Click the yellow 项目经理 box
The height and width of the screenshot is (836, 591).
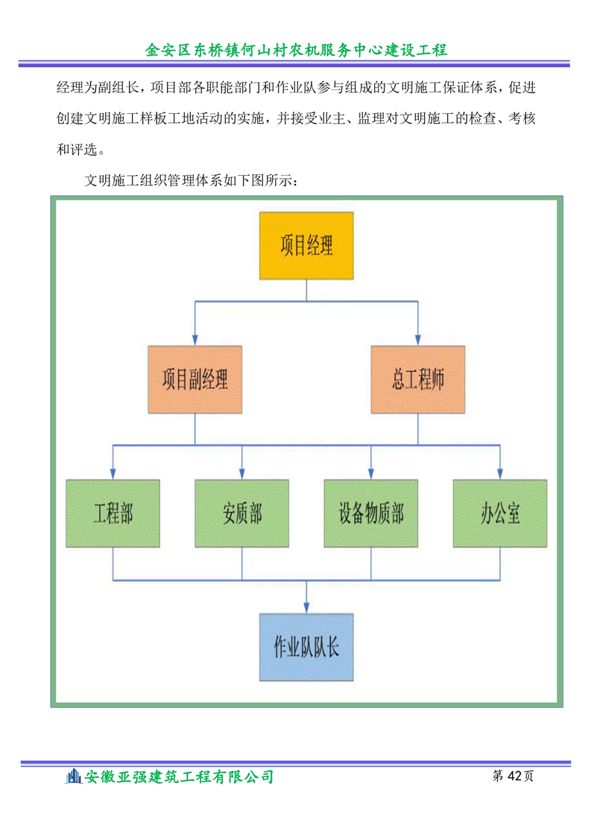click(306, 246)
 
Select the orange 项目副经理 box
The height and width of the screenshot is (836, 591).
click(195, 379)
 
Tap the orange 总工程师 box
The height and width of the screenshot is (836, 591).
click(417, 379)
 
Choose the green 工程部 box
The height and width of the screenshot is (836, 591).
click(113, 513)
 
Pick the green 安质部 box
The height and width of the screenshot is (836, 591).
click(242, 513)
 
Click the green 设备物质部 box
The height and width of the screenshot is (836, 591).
click(371, 513)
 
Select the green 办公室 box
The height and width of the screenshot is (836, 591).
click(500, 513)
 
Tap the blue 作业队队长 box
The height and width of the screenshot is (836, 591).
click(306, 647)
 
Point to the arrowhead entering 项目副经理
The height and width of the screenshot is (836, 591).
click(195, 341)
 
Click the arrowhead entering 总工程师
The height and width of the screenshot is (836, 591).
click(417, 341)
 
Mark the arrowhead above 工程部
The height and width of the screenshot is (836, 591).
click(113, 474)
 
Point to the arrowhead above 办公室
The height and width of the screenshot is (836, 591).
click(500, 474)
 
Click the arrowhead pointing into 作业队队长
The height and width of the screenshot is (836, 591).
click(306, 608)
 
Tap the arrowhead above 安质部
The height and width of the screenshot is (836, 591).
click(242, 474)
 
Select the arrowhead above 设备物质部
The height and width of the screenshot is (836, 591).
click(371, 474)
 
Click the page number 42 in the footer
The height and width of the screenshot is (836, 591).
click(514, 776)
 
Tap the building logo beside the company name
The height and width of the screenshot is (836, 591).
click(73, 776)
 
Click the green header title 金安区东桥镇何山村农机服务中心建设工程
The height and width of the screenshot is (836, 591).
click(296, 50)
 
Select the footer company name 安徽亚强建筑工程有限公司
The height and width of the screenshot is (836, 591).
click(179, 777)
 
